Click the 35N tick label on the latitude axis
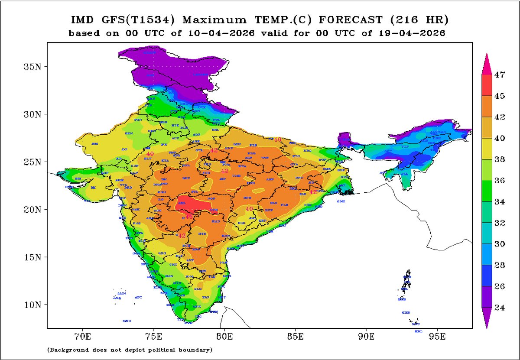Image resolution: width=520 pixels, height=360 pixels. [32, 67]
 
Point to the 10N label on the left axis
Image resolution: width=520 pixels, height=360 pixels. [32, 305]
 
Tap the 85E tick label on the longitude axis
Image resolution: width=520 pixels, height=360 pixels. [296, 336]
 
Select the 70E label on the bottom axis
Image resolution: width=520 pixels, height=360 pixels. [82, 336]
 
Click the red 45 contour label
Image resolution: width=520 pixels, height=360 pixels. [189, 217]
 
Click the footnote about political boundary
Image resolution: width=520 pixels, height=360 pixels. [130, 349]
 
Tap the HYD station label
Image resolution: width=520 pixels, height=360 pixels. [202, 234]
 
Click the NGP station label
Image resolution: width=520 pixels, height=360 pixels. [211, 198]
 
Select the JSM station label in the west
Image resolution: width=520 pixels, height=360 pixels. [95, 143]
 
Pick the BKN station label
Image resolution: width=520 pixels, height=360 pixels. [129, 134]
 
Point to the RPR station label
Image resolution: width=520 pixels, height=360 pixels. [247, 198]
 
